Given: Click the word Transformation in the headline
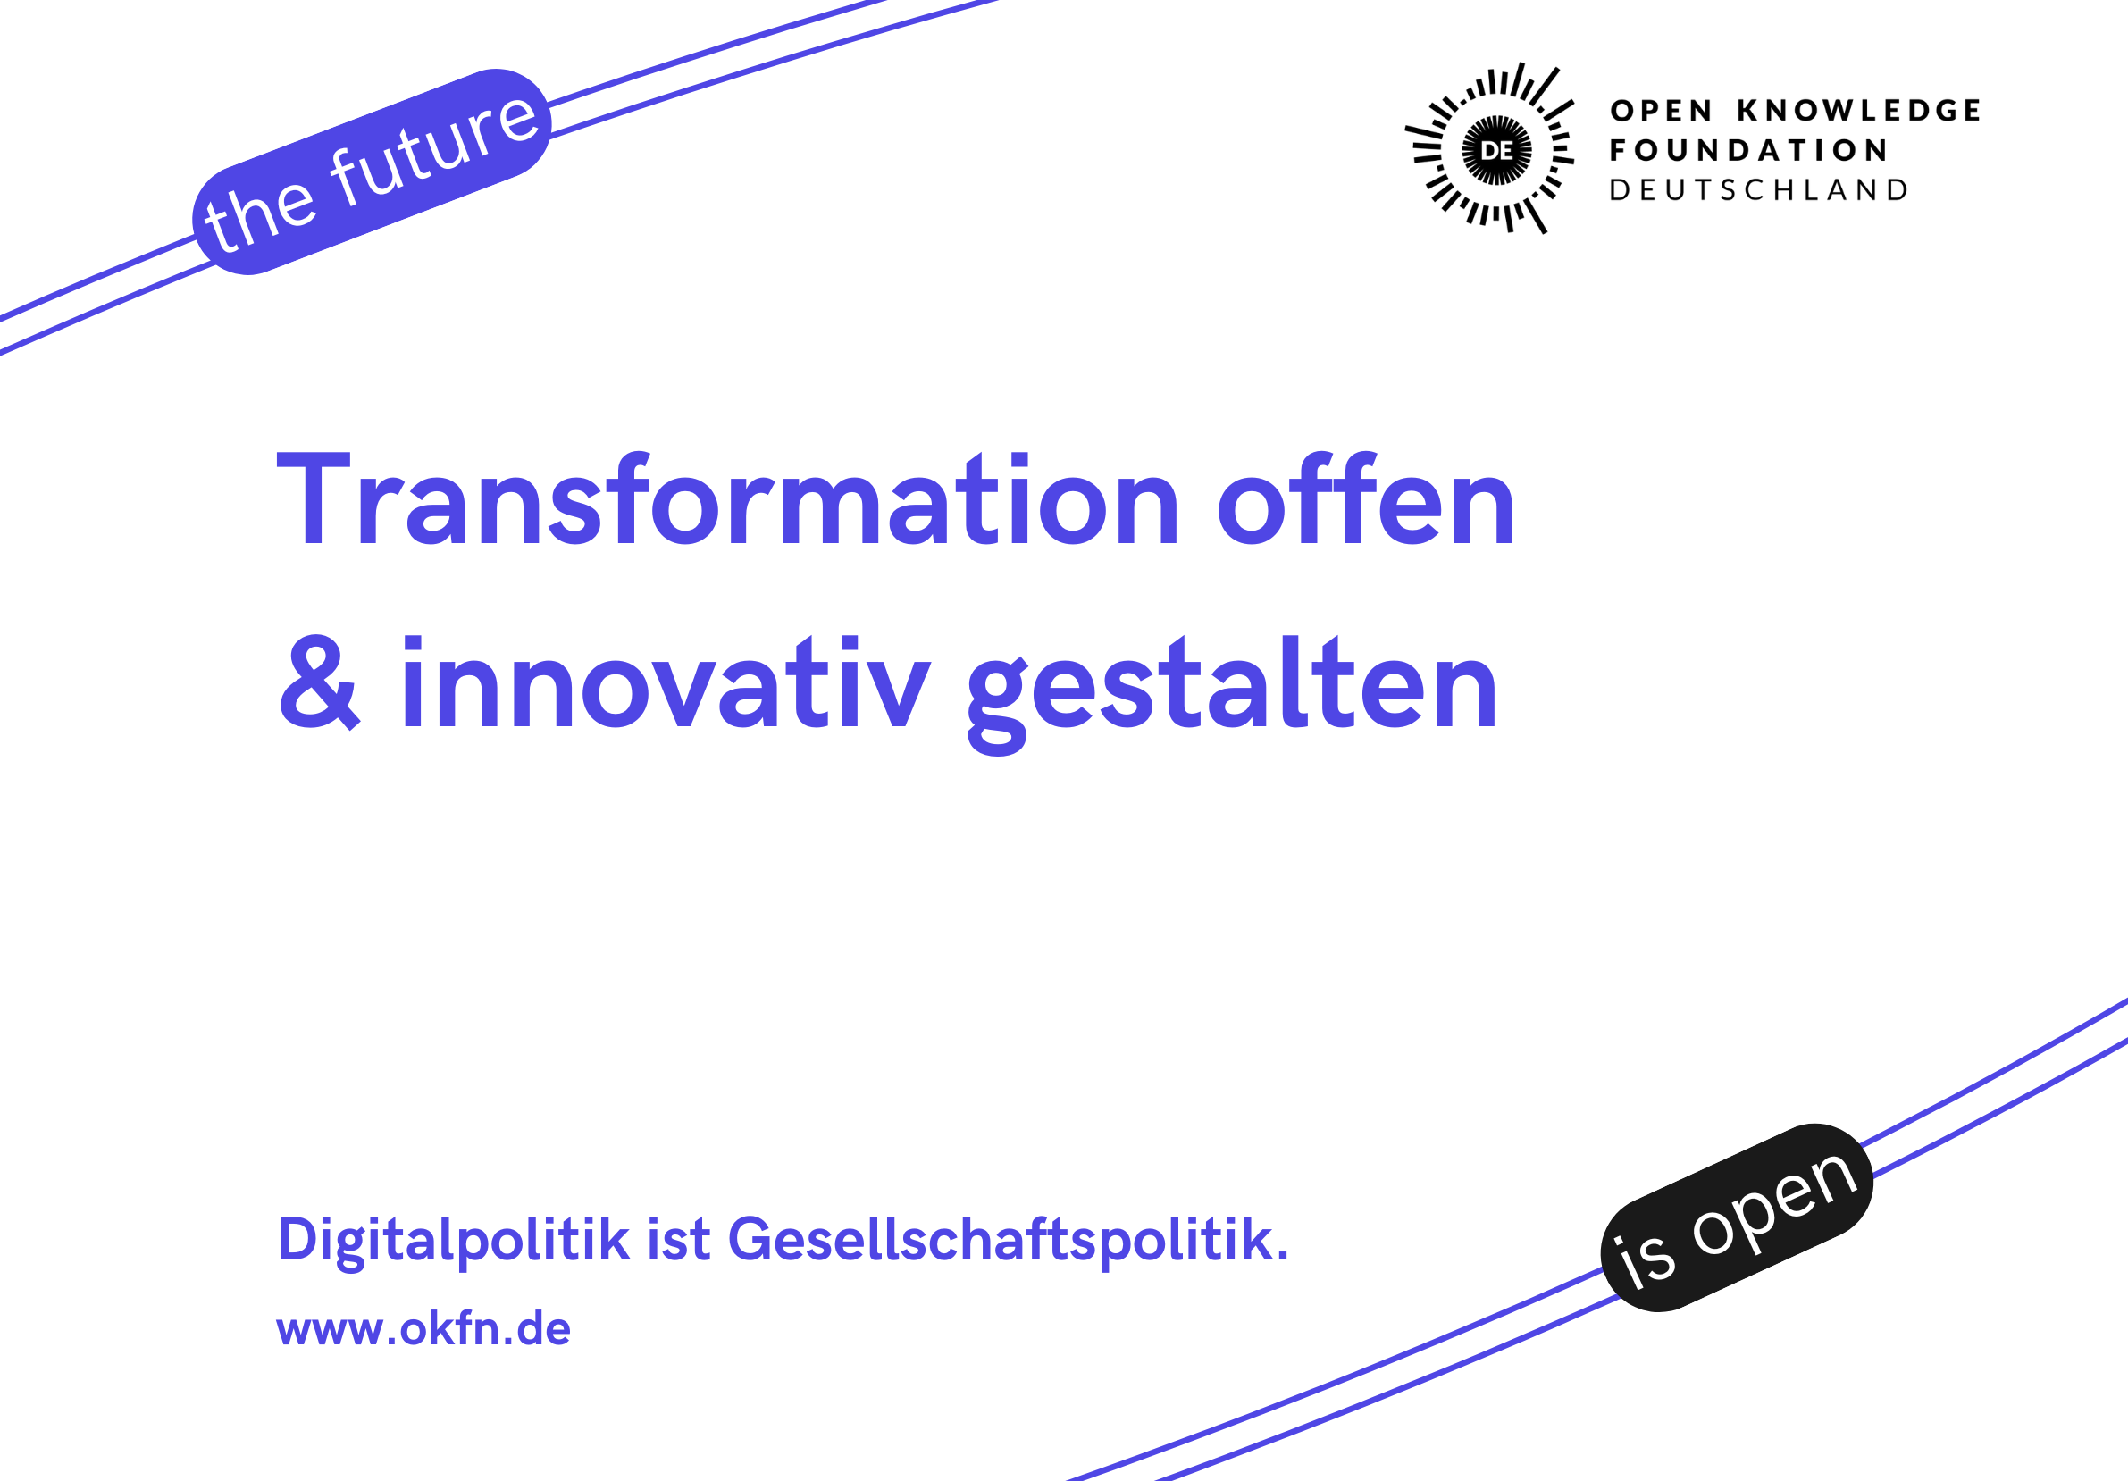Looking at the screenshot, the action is click(x=727, y=499).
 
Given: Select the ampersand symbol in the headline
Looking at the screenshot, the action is click(x=318, y=683).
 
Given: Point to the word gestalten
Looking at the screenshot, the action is click(x=1232, y=695).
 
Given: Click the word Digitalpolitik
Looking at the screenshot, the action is click(x=454, y=1240).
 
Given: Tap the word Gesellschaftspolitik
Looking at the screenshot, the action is click(x=1008, y=1240).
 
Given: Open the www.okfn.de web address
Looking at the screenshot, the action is click(x=423, y=1329).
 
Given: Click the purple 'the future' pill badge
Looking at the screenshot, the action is click(x=372, y=172).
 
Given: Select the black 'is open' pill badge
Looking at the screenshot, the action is click(x=1737, y=1217).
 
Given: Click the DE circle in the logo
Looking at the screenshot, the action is click(x=1496, y=150).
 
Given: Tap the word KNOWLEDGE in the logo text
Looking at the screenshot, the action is click(x=1858, y=110).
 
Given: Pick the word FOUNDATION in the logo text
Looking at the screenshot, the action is click(x=1748, y=150).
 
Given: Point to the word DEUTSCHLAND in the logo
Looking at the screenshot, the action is click(x=1758, y=190).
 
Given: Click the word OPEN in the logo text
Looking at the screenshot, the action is click(x=1661, y=110).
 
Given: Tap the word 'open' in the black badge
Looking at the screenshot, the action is click(x=1773, y=1203).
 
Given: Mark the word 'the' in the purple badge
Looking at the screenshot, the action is click(x=259, y=214).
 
